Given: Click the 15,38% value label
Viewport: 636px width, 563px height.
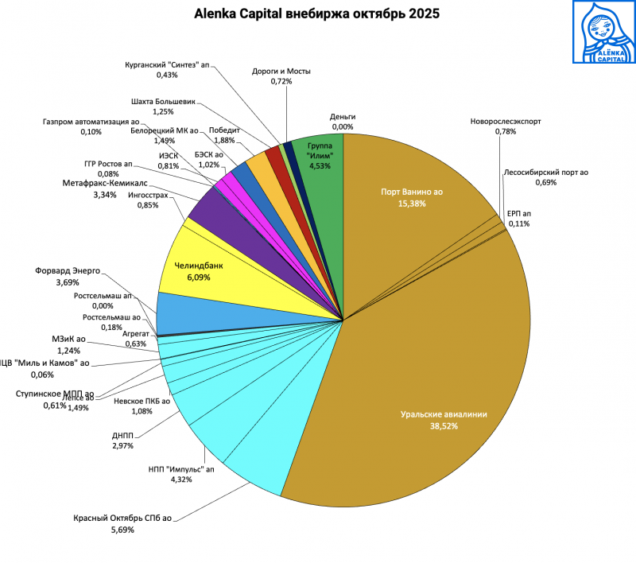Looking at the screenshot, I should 412,204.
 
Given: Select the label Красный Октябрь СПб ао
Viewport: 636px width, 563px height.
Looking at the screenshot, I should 123,518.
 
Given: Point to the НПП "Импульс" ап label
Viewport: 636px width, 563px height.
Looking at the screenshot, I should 181,469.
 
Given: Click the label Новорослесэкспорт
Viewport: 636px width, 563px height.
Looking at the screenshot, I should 506,122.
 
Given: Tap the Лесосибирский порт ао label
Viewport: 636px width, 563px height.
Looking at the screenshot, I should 545,173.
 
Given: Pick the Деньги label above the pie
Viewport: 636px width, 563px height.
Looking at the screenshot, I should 343,117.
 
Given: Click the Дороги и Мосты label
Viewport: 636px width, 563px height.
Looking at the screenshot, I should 281,71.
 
